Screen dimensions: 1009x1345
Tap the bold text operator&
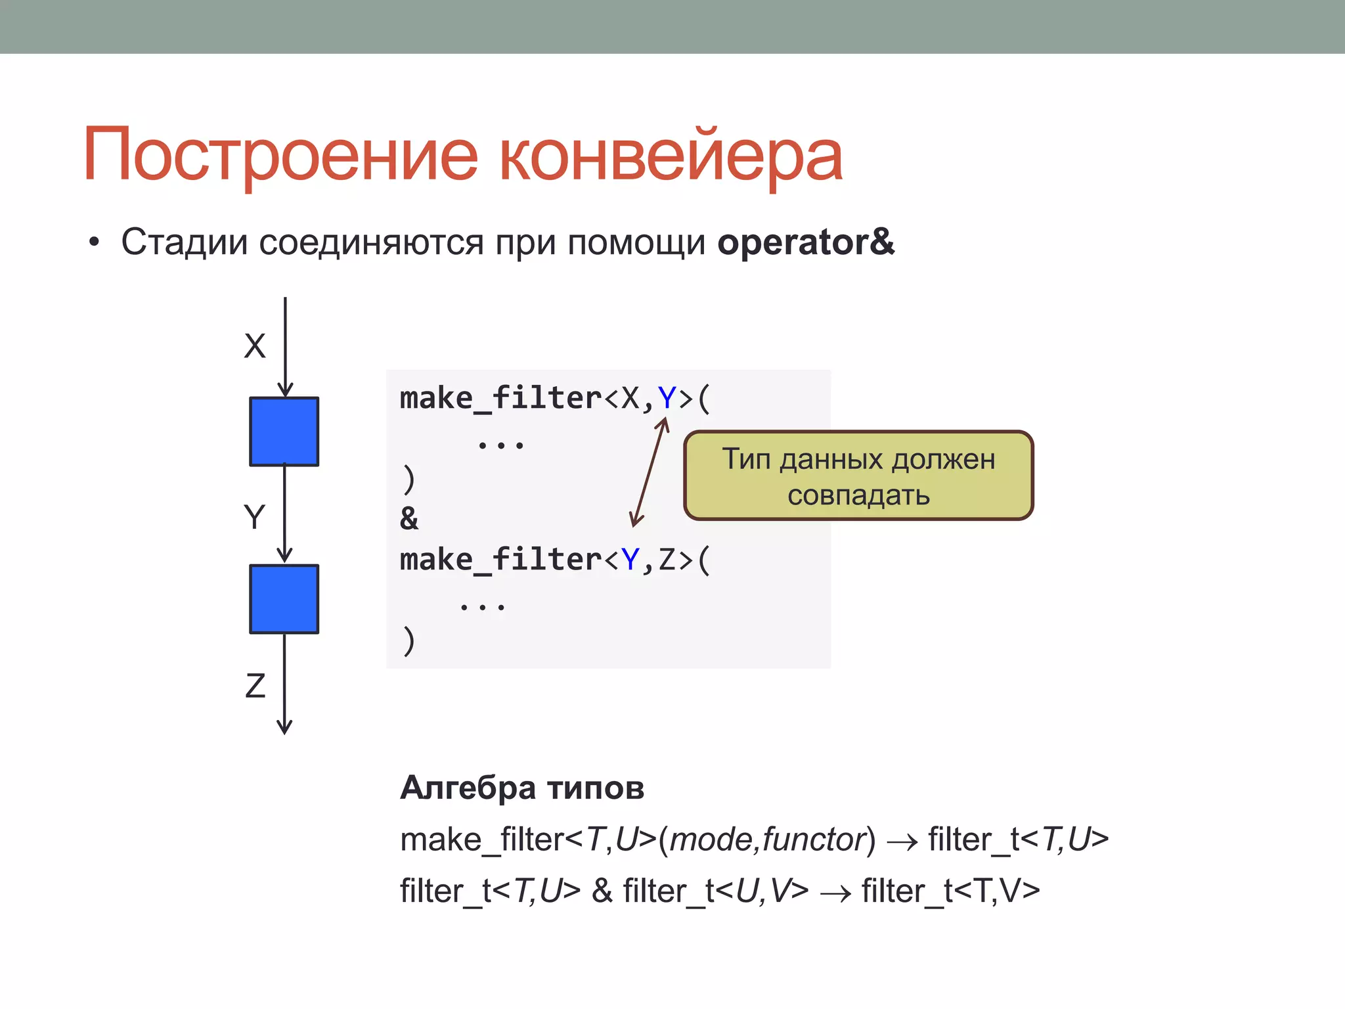click(806, 242)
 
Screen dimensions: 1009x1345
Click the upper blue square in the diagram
click(284, 432)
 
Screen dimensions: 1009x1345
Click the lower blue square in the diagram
click(284, 599)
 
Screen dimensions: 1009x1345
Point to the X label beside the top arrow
click(255, 346)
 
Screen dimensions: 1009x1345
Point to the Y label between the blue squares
click(254, 517)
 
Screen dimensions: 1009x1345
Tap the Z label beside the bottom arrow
click(255, 686)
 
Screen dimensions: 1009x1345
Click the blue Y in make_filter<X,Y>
click(667, 398)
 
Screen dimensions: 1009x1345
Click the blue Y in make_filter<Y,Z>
click(630, 560)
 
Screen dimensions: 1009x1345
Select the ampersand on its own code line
click(408, 519)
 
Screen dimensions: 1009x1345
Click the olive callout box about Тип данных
click(858, 476)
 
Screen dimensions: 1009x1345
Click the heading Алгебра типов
click(522, 788)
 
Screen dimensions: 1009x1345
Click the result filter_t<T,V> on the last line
click(950, 891)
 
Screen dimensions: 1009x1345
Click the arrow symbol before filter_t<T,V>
click(835, 893)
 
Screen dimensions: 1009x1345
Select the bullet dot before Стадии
click(94, 243)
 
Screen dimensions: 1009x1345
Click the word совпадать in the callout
click(858, 495)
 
